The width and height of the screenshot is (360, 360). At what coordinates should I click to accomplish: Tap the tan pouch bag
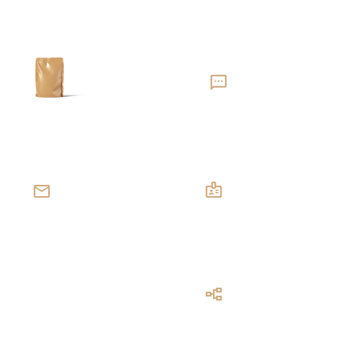click(49, 78)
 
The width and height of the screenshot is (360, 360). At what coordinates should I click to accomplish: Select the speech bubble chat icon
click(219, 82)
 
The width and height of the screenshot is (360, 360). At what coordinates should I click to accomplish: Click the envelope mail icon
click(42, 191)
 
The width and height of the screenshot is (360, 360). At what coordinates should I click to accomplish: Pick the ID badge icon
click(214, 190)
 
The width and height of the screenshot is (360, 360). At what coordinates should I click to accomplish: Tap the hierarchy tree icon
click(214, 294)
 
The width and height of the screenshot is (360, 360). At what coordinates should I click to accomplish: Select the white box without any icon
click(82, 294)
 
